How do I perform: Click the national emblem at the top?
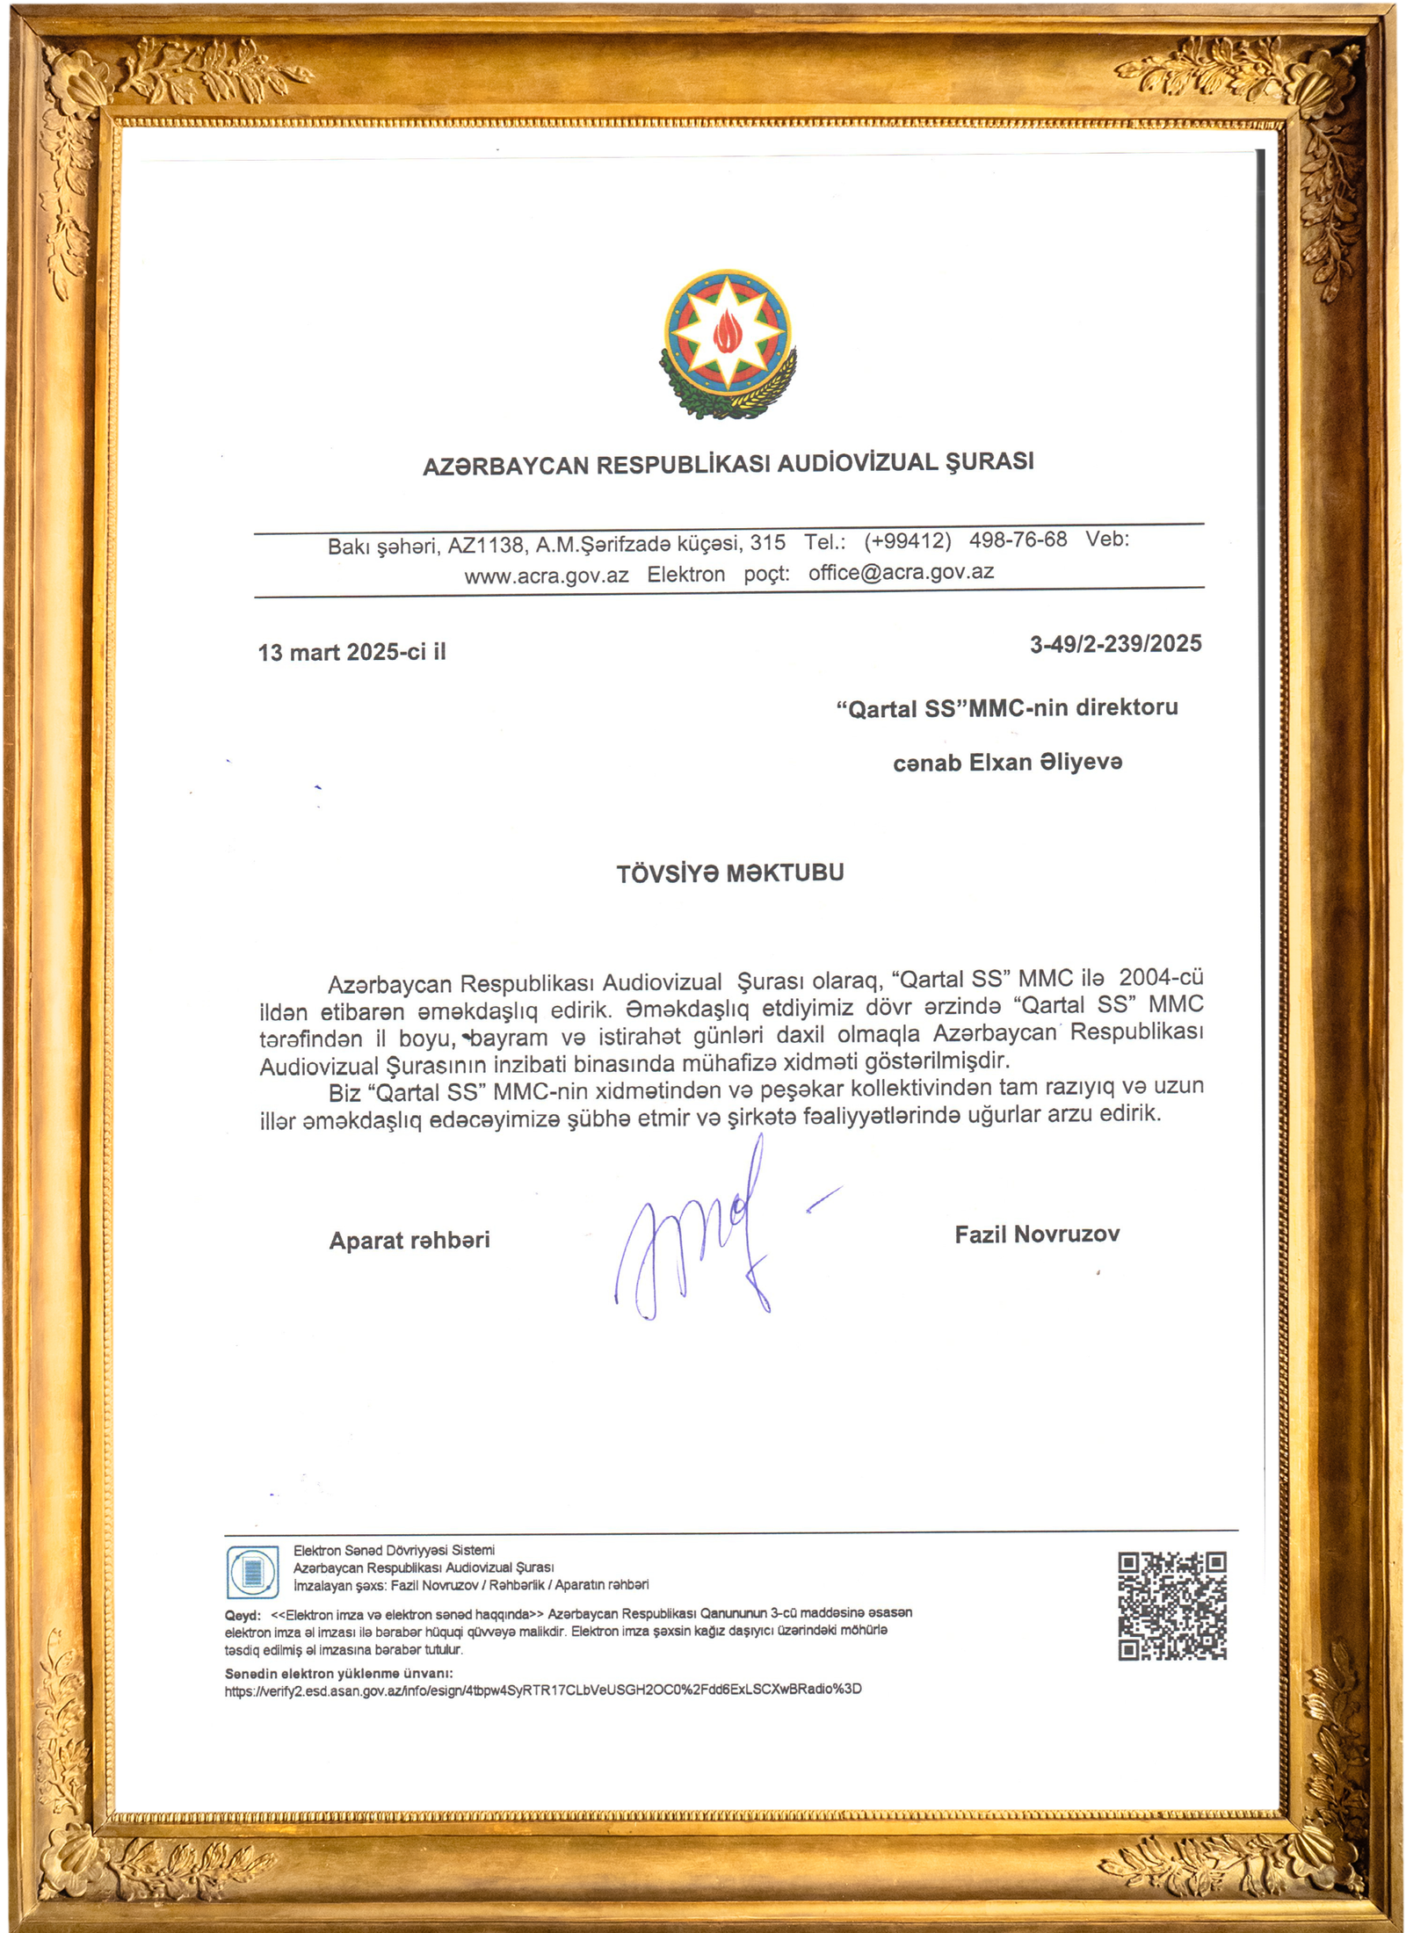[x=728, y=343]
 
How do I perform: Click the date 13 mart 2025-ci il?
[x=351, y=652]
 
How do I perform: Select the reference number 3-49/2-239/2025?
[x=1115, y=644]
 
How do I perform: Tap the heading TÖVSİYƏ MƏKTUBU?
[x=729, y=873]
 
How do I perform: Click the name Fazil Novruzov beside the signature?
[x=1037, y=1234]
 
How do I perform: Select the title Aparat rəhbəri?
[x=409, y=1240]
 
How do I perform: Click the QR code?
[x=1171, y=1605]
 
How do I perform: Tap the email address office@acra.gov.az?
[x=901, y=572]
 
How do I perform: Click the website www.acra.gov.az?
[x=547, y=576]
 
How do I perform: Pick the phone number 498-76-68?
[x=1018, y=539]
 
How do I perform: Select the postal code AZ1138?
[x=485, y=546]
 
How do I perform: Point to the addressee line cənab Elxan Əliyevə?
[x=1007, y=762]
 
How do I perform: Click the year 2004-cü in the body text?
[x=1161, y=977]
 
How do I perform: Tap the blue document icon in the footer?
[x=253, y=1572]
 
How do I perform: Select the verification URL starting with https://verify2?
[x=543, y=1689]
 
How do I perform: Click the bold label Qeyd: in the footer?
[x=243, y=1616]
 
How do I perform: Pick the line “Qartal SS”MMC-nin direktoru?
[x=1007, y=707]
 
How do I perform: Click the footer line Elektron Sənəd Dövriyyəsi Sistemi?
[x=394, y=1550]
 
